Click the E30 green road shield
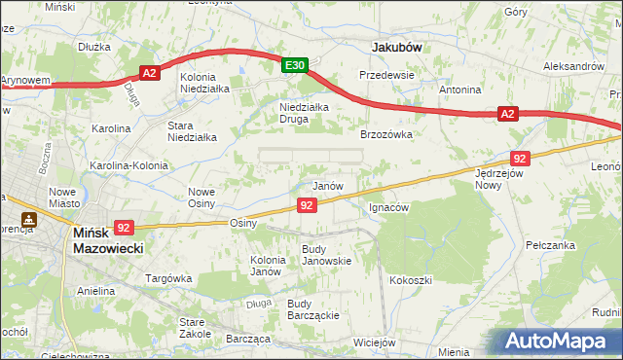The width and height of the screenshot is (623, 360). (296, 65)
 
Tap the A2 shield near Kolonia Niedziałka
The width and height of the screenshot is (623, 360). (149, 73)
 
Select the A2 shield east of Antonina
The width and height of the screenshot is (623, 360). (507, 114)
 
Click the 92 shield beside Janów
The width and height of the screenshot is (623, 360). (307, 204)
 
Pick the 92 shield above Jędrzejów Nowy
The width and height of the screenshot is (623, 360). (519, 158)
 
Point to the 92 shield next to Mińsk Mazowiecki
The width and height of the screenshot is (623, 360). (124, 227)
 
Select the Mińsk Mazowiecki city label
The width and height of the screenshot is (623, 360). (109, 240)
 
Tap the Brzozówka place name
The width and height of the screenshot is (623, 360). (387, 135)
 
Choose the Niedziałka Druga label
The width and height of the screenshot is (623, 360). (305, 113)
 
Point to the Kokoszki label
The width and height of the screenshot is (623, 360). (411, 280)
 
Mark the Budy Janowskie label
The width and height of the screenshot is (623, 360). (326, 255)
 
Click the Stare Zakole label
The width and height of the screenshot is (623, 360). (196, 327)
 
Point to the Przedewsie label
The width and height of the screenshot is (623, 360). (387, 75)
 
